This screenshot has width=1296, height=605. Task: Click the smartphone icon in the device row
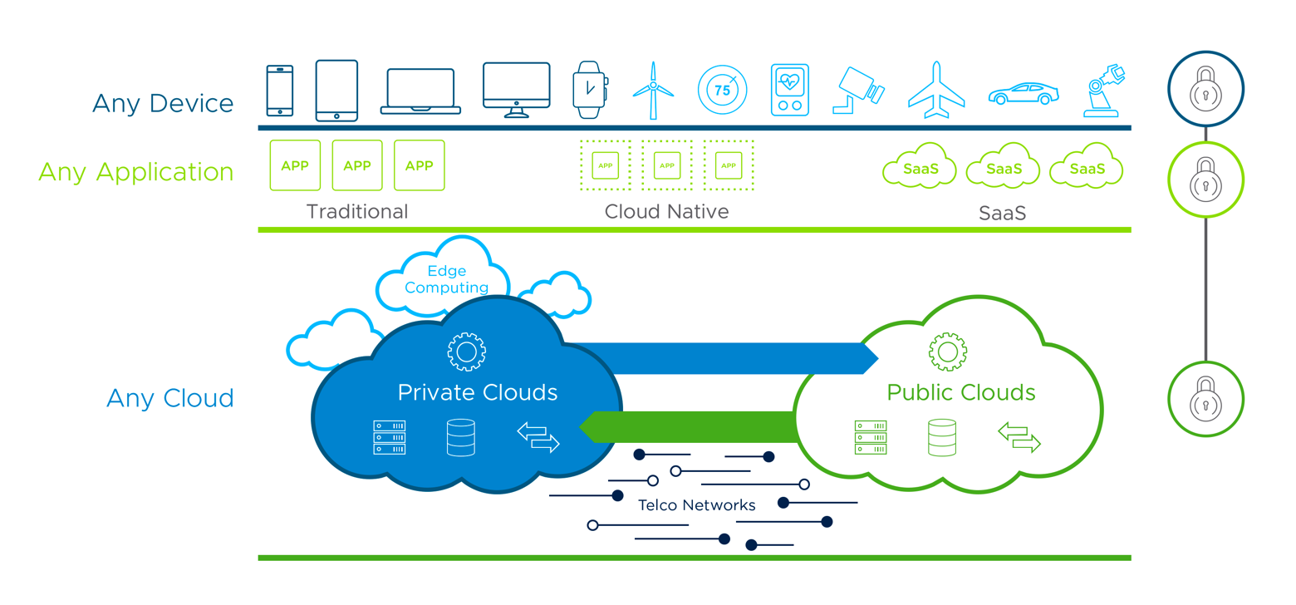coord(279,91)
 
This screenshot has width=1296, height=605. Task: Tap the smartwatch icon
coord(589,87)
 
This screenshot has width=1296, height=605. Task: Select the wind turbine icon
coord(653,90)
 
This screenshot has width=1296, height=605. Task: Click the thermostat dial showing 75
coord(722,90)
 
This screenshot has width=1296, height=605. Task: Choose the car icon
coord(1024,93)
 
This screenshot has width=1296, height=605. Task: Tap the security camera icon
coord(859,90)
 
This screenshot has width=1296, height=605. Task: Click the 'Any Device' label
coord(163,104)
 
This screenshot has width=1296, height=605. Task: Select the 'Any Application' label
coord(136,172)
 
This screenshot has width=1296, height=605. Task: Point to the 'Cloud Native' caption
coord(666,212)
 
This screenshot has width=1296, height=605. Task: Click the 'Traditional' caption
coord(357,212)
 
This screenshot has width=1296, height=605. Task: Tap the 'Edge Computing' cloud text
coord(446,279)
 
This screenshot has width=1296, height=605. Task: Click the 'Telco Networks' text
coord(697,505)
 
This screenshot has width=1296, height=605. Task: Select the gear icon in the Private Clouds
coord(466,352)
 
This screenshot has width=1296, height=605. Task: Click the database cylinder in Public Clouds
coord(942,437)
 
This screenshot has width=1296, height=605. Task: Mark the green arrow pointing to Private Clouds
coord(690,426)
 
